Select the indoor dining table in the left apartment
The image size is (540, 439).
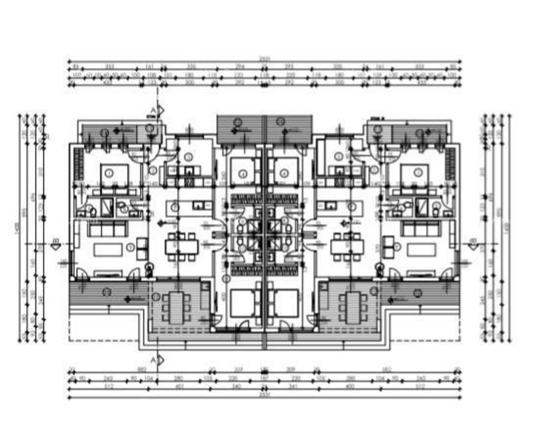[x=181, y=247]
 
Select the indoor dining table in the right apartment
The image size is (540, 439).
[x=347, y=247]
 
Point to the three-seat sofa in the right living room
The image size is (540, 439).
[x=420, y=230]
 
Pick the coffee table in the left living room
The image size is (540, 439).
[x=109, y=250]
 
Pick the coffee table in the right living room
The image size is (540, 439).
[x=421, y=250]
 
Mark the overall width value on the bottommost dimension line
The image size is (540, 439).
[x=264, y=395]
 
